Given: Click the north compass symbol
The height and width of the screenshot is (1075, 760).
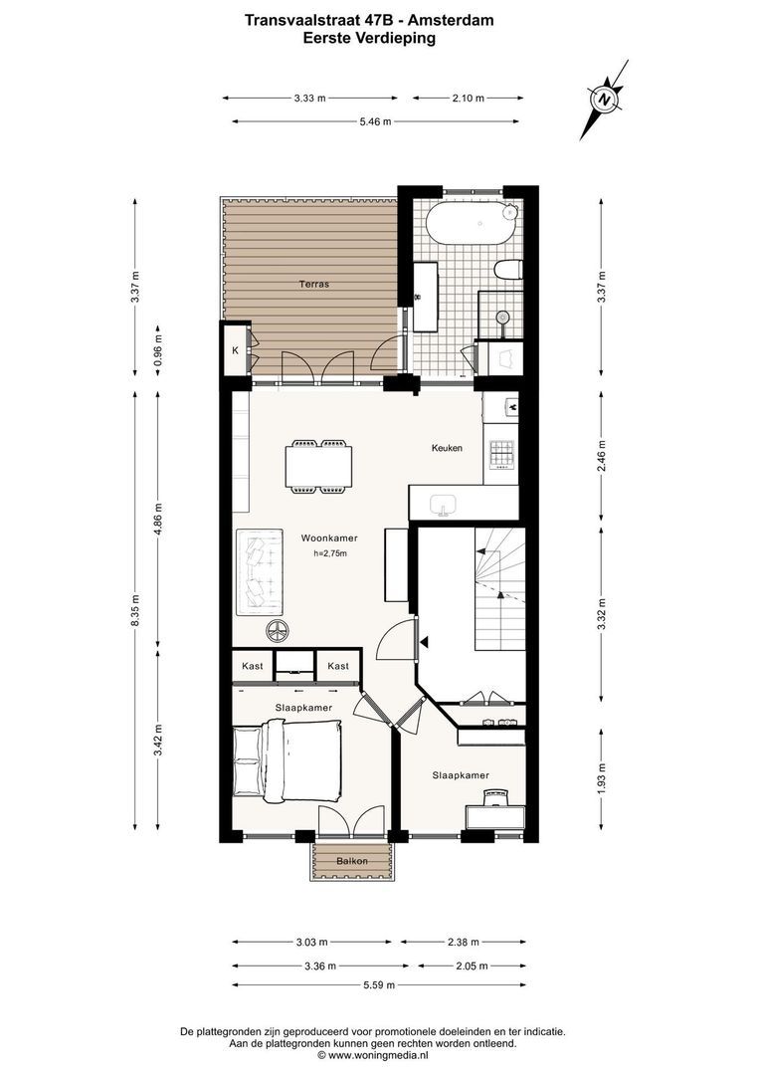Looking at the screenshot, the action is [x=604, y=100].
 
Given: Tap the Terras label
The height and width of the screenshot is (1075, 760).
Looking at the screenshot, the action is [x=314, y=284].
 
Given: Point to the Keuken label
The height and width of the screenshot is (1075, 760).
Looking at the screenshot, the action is [x=447, y=448].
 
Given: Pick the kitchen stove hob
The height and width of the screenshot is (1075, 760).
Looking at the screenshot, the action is [x=501, y=453].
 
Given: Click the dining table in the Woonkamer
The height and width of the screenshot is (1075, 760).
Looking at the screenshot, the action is [x=319, y=466].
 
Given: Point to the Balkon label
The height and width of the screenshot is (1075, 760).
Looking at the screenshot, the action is [x=352, y=861].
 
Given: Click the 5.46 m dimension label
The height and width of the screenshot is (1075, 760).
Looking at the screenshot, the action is [x=376, y=122].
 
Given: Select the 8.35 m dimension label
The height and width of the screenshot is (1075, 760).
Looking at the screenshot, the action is [x=135, y=609].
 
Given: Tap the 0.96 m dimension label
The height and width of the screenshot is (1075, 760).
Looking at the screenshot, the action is [x=158, y=349].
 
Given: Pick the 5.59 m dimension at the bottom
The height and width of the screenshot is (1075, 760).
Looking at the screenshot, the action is [x=379, y=985].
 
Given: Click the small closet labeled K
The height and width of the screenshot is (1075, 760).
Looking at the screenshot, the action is [x=235, y=350].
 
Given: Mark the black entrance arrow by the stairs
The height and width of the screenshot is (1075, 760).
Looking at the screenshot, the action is [x=425, y=642].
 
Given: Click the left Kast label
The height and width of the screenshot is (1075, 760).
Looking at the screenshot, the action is [x=253, y=666].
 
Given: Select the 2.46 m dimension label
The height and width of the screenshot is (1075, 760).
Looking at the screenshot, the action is [x=601, y=456].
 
